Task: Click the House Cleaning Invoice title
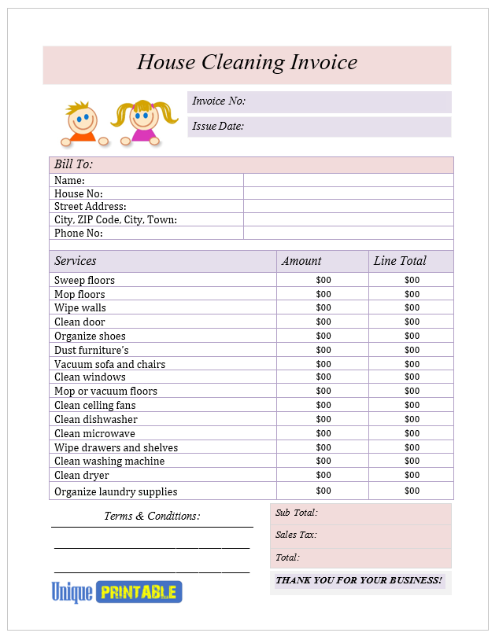coord(247,63)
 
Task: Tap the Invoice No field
coord(320,101)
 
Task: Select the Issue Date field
coord(320,127)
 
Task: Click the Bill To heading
coord(73,164)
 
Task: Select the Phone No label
coord(79,234)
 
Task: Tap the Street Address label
coord(90,207)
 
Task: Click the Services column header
coord(76,261)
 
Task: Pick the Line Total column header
coord(400,261)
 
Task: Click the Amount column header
coord(301,261)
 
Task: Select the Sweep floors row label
coord(84,281)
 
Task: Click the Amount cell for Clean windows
coord(323,377)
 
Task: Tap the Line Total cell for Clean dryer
coord(412,475)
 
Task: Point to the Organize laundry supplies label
coord(116,492)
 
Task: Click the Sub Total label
coord(297,513)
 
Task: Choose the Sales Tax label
coord(296,535)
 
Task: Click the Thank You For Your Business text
coord(359,580)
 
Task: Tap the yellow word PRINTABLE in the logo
coord(138,593)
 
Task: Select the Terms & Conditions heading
coord(152,517)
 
